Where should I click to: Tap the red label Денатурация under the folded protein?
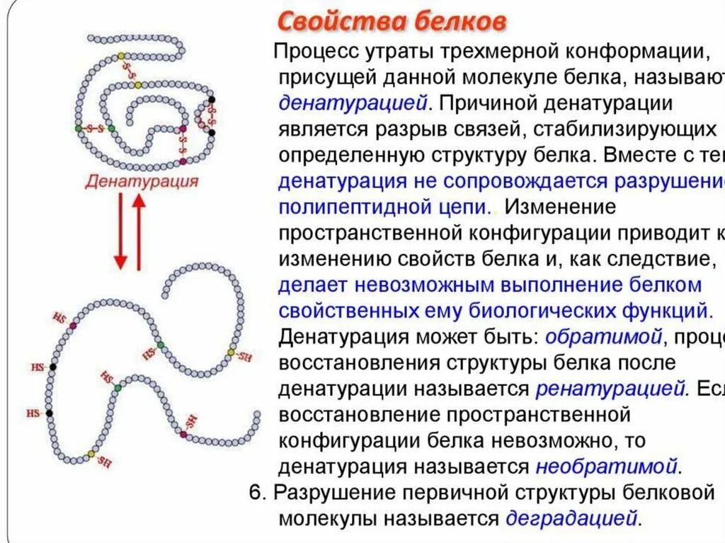tap(142, 181)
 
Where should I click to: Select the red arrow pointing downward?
tap(120, 231)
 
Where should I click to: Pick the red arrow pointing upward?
tap(139, 231)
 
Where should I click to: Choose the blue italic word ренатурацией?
tap(612, 389)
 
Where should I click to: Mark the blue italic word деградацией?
tap(572, 519)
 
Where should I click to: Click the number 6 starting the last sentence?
tap(256, 493)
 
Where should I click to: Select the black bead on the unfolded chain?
tap(50, 412)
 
